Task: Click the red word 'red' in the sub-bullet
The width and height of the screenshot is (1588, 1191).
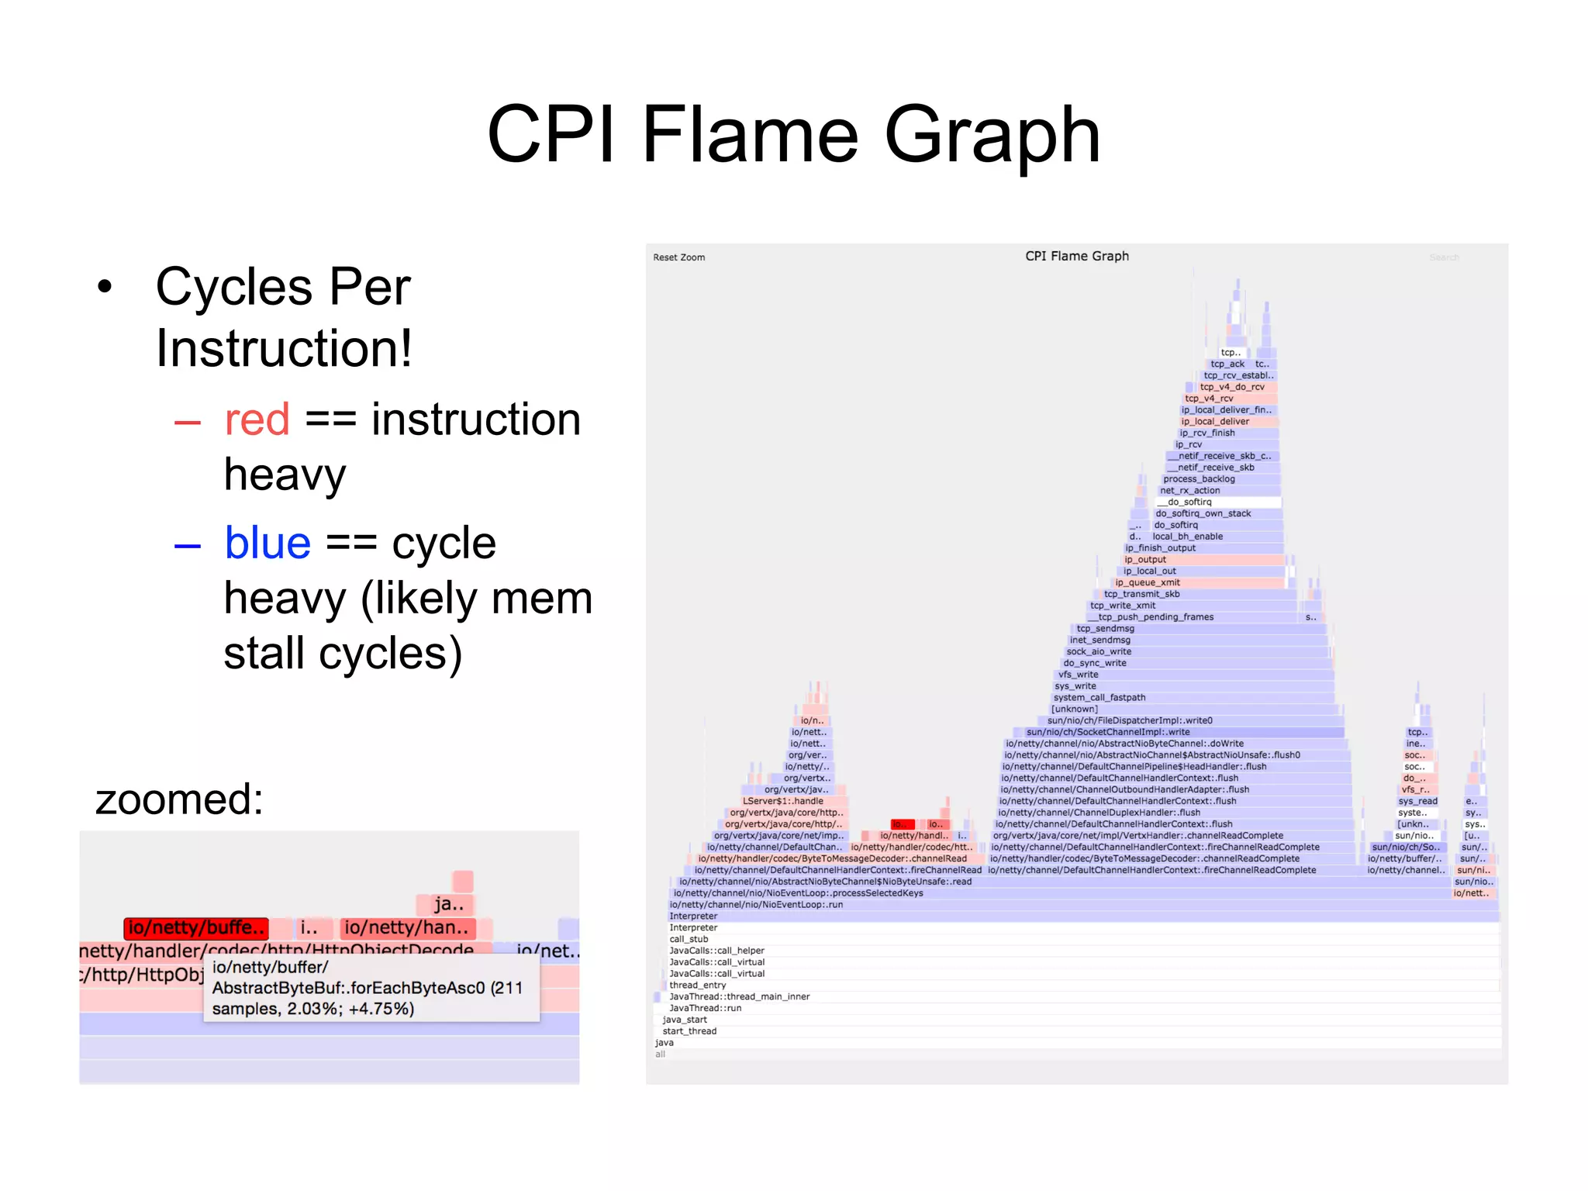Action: (x=257, y=419)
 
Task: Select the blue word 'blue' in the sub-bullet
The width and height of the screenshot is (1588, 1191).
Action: (x=268, y=543)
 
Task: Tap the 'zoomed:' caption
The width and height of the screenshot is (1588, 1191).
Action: (x=179, y=799)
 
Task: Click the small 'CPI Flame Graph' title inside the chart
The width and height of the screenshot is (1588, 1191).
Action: (x=1076, y=256)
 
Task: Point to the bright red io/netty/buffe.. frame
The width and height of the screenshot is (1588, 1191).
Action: (x=196, y=928)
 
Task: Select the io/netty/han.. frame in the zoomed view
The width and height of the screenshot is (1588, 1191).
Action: (x=407, y=928)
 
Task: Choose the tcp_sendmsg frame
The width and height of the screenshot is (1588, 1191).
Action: (x=1105, y=629)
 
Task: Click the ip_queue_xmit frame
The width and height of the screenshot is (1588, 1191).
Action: (x=1148, y=582)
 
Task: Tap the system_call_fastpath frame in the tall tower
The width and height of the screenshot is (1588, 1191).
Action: (x=1099, y=698)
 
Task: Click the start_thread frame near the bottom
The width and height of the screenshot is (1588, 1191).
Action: (x=689, y=1031)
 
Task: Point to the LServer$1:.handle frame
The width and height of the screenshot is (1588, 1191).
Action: (x=783, y=801)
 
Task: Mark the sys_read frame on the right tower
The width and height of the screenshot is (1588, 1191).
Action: (x=1417, y=801)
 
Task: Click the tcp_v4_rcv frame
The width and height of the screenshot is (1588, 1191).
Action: (x=1209, y=399)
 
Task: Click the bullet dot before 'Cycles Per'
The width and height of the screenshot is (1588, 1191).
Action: (x=105, y=287)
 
